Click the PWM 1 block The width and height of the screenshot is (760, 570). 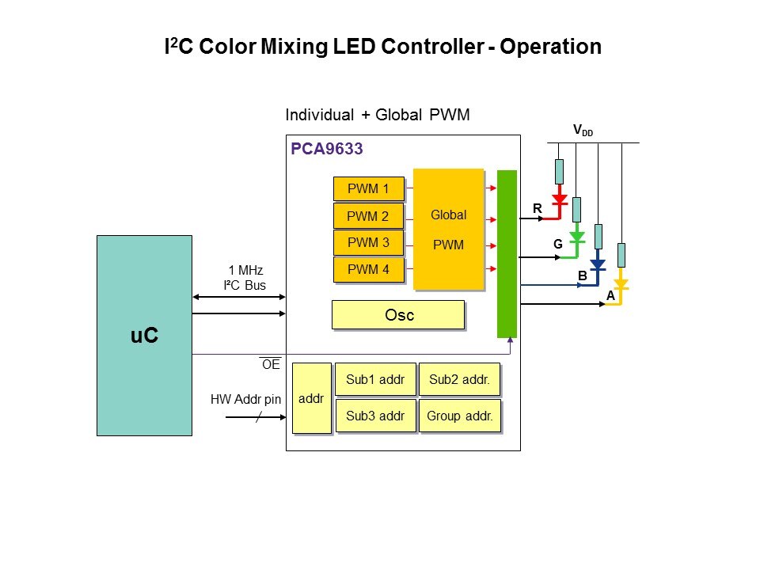369,189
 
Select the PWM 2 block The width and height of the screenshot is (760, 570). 369,216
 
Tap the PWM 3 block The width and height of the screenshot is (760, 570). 369,243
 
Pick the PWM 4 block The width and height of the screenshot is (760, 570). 369,270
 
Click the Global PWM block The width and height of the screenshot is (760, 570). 448,229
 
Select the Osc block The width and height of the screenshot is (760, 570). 398,314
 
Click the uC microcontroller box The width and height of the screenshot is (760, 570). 144,335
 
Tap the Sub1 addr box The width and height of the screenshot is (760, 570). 375,380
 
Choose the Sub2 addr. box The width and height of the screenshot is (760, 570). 459,380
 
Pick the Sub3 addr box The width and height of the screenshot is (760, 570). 375,416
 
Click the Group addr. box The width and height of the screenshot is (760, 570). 459,416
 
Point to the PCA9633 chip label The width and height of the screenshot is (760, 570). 327,148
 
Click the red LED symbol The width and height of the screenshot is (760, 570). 560,198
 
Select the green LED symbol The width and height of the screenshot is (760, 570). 577,236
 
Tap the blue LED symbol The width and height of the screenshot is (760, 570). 598,264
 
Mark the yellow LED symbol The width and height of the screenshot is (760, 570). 621,283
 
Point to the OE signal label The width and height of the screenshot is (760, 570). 271,365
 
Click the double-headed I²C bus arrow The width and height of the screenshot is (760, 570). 238,298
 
